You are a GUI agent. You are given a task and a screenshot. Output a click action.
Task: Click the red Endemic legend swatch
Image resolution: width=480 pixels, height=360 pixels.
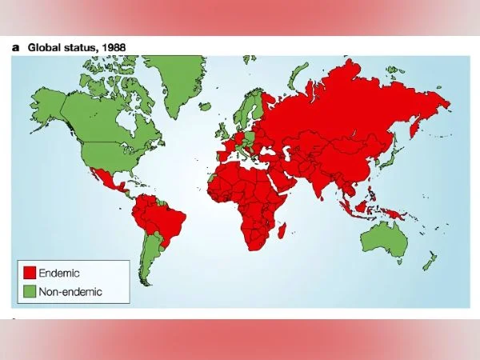[30, 274]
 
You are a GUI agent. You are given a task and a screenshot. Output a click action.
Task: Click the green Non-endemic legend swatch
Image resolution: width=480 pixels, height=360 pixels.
[30, 291]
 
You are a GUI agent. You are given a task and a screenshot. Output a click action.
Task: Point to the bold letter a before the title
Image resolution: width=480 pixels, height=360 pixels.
[15, 47]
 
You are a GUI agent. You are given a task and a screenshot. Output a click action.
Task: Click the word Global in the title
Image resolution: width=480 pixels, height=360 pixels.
[45, 47]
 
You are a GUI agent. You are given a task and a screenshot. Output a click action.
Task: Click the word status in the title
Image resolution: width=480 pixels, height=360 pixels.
[86, 47]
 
